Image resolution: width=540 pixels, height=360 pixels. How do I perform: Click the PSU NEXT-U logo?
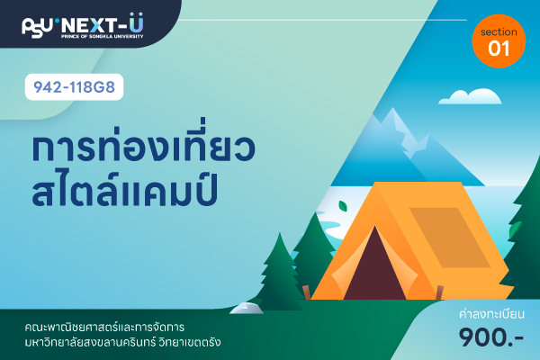83,25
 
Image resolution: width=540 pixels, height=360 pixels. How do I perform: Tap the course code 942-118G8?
74,86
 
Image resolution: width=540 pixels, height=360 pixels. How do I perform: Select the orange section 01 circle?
499,41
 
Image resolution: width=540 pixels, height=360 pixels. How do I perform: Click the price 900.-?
491,337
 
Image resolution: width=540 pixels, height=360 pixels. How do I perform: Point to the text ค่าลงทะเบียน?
491,314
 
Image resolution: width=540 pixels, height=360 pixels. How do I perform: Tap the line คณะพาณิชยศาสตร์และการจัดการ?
104,327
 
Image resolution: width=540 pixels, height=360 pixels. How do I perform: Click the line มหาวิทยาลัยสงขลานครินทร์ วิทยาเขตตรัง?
123,343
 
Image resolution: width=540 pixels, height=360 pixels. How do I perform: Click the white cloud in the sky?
470,97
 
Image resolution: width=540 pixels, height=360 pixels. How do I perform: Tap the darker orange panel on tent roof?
449,238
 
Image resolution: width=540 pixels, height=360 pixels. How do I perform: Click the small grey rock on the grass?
247,308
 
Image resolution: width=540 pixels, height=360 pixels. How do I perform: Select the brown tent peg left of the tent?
306,292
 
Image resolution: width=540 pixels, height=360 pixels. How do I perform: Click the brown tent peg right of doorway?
439,292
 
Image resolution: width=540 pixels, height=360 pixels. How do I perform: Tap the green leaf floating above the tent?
343,206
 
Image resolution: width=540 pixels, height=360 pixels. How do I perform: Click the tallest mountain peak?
392,110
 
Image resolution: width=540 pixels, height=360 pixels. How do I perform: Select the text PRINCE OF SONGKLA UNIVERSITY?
103,36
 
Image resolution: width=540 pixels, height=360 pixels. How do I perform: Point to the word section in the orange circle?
499,32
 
